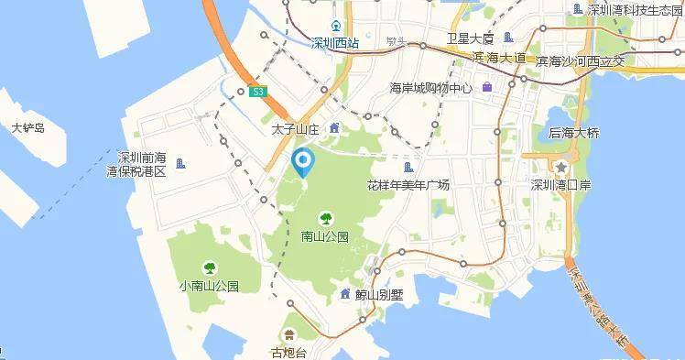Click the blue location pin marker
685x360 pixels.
coord(302,163)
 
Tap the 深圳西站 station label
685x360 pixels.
coord(335,42)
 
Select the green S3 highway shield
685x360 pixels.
coord(258,91)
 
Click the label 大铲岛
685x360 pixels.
coord(26,128)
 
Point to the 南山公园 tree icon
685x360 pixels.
coord(324,218)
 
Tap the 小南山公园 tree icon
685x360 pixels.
coord(210,267)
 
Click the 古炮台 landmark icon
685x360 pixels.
coord(289,334)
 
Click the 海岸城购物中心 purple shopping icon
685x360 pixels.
coord(487,87)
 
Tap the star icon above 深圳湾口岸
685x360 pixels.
coord(560,167)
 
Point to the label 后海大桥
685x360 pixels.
coord(573,133)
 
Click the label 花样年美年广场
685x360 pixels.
coord(408,184)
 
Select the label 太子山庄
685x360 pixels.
coord(294,130)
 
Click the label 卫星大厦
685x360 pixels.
coord(470,38)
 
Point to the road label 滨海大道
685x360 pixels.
coord(499,58)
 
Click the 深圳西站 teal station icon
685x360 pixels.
coord(336,25)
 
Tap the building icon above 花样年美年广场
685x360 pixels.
coord(408,167)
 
